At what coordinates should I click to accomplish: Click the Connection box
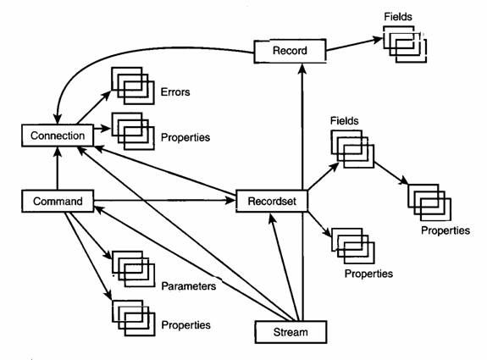(x=58, y=136)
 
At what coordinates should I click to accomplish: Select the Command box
(x=58, y=202)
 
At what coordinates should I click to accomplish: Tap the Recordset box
(x=272, y=202)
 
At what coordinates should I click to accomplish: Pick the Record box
(x=290, y=51)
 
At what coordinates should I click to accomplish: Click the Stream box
(x=291, y=332)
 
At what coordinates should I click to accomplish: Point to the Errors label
(x=175, y=92)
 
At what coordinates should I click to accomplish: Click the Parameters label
(x=189, y=286)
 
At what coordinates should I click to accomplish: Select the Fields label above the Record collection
(x=398, y=16)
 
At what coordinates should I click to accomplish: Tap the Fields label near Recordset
(x=344, y=120)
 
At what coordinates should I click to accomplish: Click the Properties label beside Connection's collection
(x=185, y=137)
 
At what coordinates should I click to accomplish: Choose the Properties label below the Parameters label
(x=185, y=325)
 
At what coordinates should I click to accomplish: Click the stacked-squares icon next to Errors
(x=133, y=86)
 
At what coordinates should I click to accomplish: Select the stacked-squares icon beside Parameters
(x=133, y=269)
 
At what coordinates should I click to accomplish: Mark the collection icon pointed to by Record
(x=405, y=44)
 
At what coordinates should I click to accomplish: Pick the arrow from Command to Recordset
(x=165, y=201)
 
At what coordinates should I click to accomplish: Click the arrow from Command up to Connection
(x=58, y=169)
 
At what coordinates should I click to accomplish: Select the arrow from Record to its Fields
(x=354, y=44)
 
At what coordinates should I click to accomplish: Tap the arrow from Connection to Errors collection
(x=94, y=108)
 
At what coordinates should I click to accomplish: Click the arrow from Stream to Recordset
(x=284, y=267)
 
